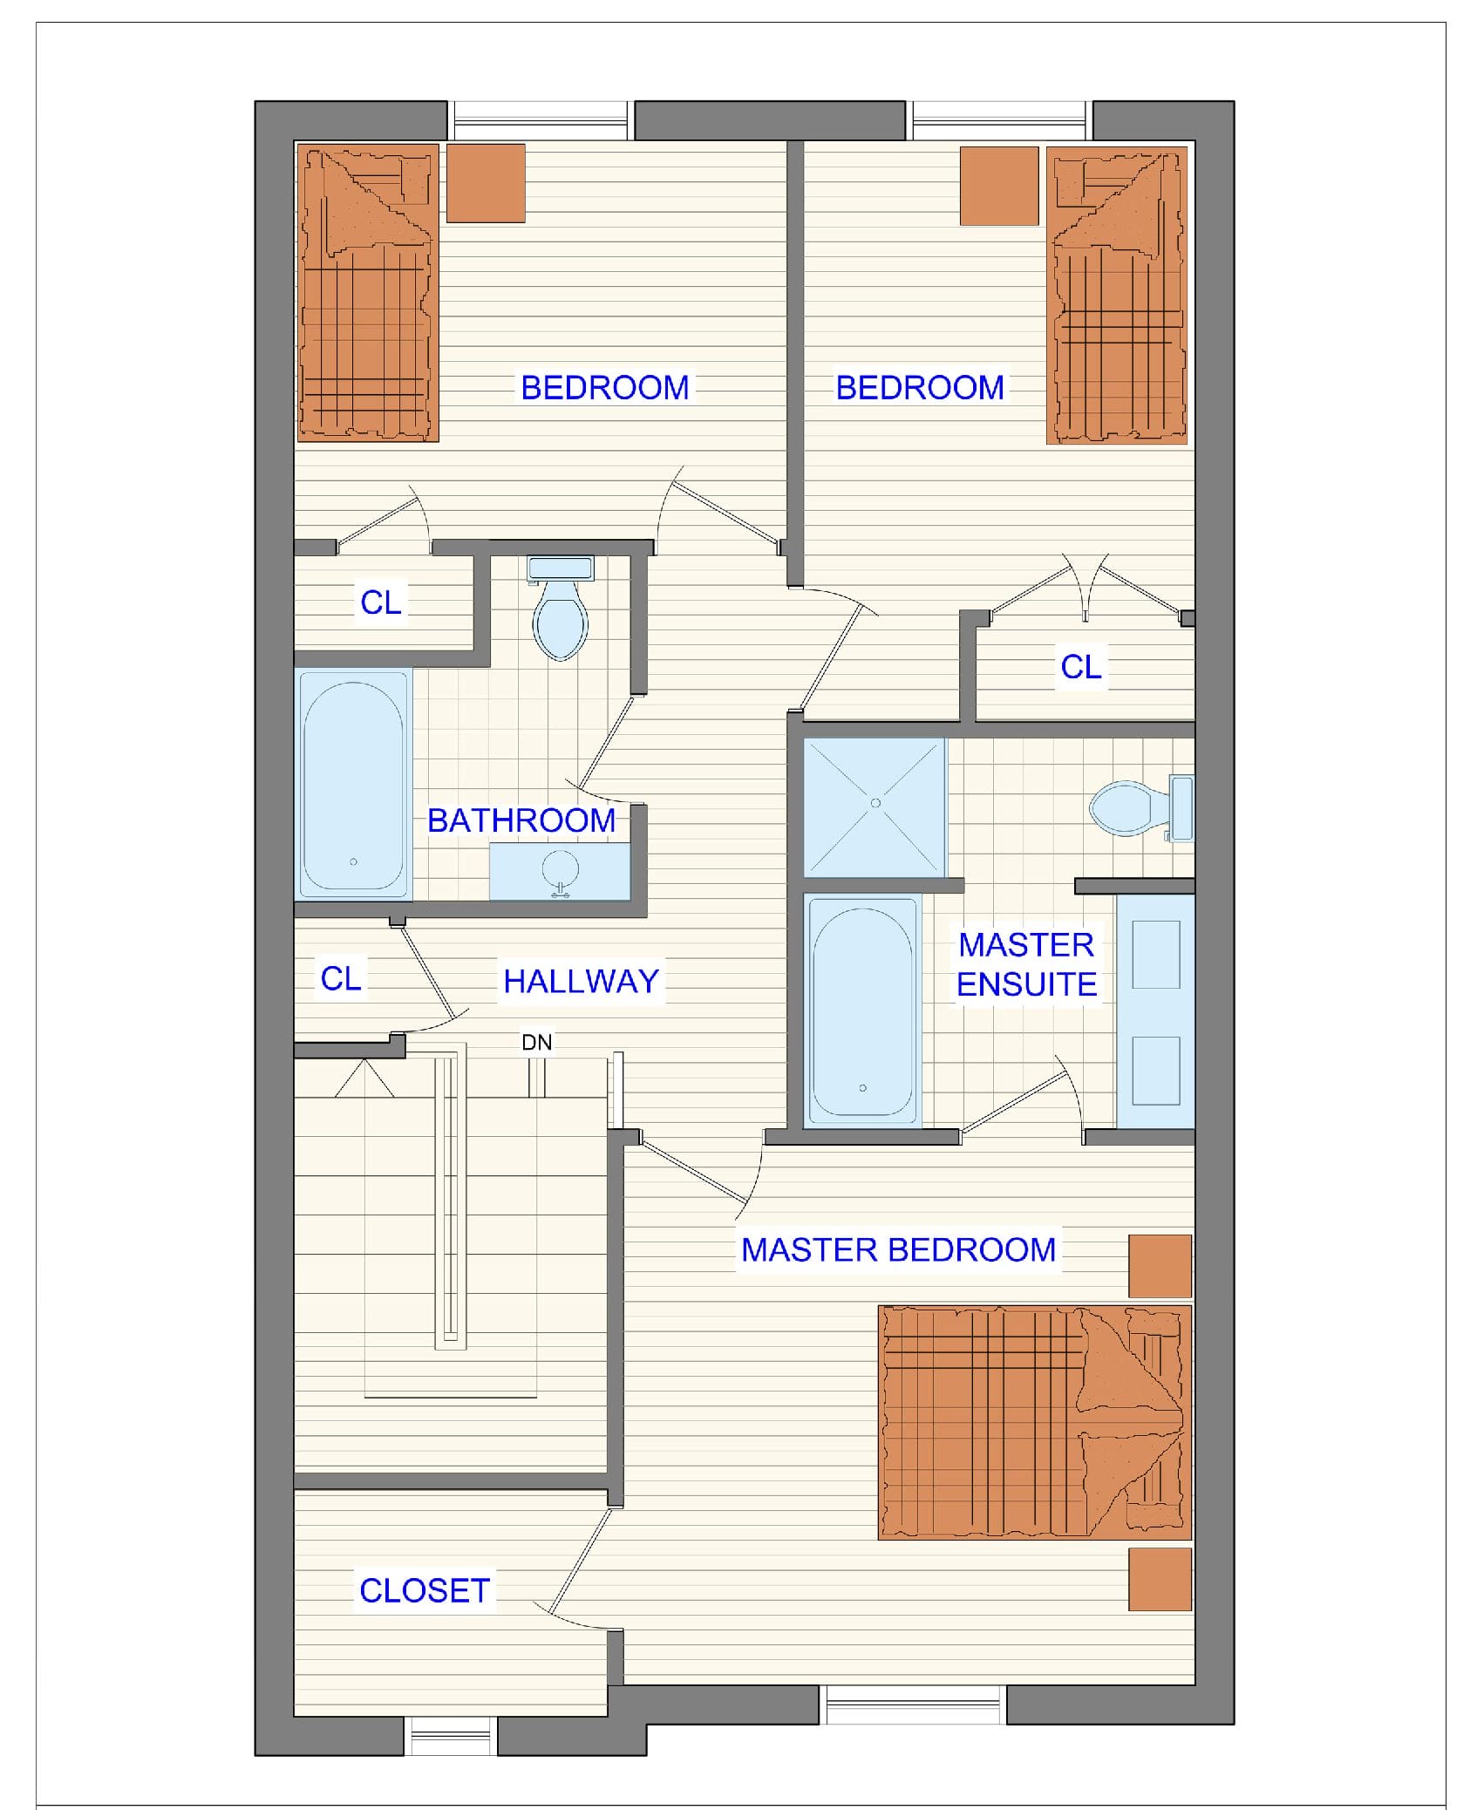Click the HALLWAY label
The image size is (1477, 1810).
click(x=581, y=982)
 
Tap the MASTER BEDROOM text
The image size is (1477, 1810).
click(x=898, y=1250)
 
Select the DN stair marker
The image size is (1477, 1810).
click(x=537, y=1042)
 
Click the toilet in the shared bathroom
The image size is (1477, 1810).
click(x=561, y=608)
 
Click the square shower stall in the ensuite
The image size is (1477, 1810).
click(x=875, y=807)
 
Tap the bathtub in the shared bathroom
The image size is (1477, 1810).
click(x=353, y=784)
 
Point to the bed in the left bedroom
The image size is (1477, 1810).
click(x=367, y=293)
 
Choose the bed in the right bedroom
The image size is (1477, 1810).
click(x=1117, y=295)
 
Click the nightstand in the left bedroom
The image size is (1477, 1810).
click(x=486, y=183)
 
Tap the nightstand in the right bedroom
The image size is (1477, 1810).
click(x=999, y=186)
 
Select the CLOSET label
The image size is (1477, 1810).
click(x=425, y=1591)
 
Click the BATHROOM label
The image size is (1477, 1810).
click(x=521, y=820)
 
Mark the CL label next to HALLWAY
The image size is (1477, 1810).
click(x=341, y=978)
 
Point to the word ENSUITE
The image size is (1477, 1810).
click(x=1026, y=984)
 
